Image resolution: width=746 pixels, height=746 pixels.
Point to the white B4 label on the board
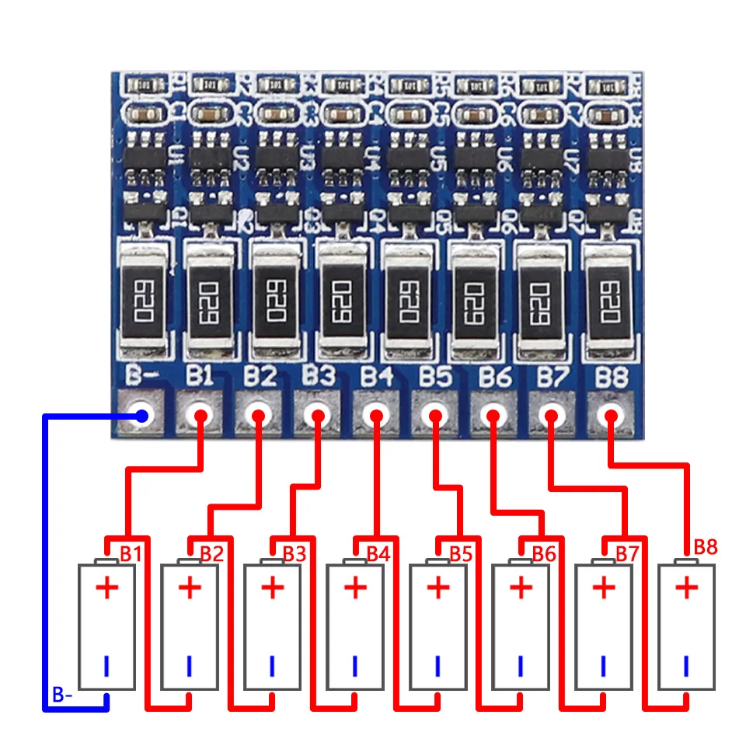click(x=377, y=377)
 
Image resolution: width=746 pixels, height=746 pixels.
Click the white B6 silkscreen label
click(x=494, y=377)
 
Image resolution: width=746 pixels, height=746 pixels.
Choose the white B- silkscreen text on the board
click(x=142, y=377)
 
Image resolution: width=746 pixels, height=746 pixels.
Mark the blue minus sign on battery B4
click(x=355, y=665)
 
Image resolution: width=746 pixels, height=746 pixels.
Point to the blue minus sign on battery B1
click(x=107, y=665)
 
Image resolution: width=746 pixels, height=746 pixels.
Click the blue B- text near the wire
click(x=62, y=695)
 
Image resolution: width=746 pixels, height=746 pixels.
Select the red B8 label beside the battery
click(x=706, y=546)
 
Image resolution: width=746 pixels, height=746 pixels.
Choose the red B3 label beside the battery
click(x=295, y=554)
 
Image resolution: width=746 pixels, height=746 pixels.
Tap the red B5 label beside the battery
click(x=461, y=554)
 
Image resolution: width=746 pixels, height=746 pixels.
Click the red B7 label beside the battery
click(x=627, y=554)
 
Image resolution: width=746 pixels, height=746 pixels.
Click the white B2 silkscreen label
click(x=260, y=377)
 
